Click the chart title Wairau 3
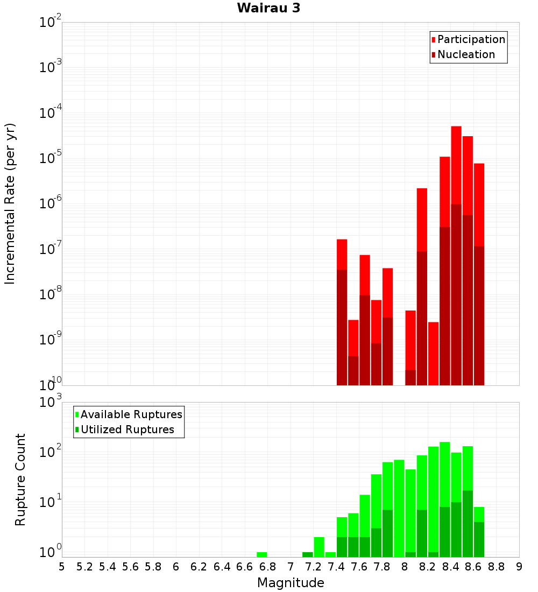(268, 8)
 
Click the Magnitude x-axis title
(291, 583)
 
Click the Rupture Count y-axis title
(20, 479)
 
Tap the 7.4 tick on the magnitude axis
(336, 566)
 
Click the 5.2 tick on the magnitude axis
(85, 566)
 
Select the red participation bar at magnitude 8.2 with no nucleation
(434, 353)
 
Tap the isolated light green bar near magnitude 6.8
(262, 554)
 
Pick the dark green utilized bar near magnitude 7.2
(308, 554)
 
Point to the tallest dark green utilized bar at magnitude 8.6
(468, 523)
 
